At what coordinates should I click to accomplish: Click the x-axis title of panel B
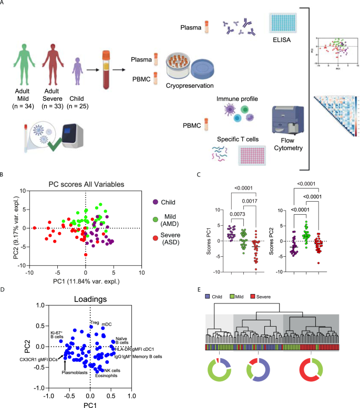click(86, 281)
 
